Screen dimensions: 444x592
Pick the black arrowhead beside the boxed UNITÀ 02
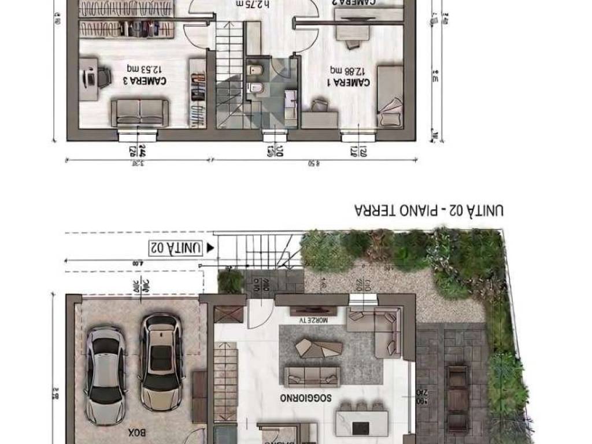210,247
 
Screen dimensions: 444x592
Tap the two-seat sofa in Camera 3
139,112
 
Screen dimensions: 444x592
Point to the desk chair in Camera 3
104,77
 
